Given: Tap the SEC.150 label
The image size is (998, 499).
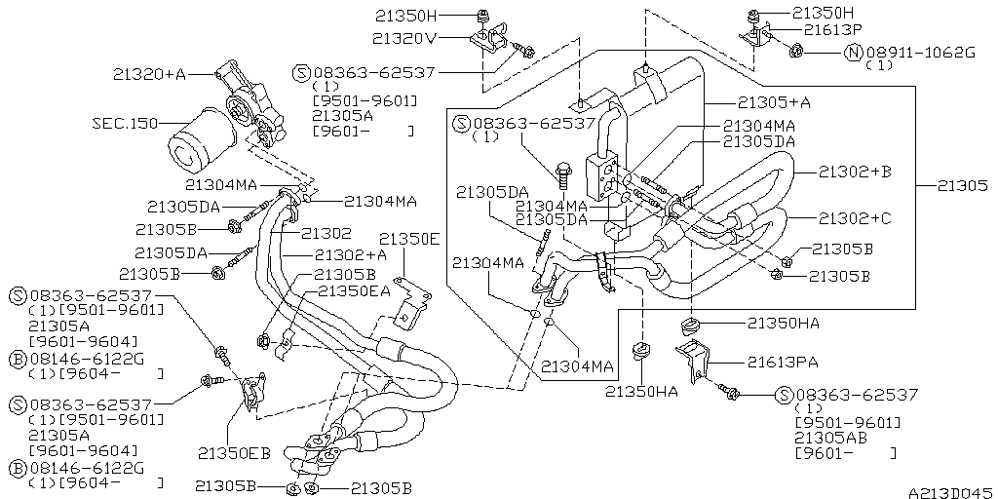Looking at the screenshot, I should tap(125, 123).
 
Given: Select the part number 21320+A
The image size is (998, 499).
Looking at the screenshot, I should tap(149, 73).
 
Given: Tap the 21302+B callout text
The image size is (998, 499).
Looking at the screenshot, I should tap(853, 171).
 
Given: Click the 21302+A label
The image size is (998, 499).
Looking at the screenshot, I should tap(350, 253).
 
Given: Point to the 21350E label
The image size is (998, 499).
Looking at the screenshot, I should tap(409, 239).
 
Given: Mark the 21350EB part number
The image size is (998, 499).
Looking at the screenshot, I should tap(235, 453).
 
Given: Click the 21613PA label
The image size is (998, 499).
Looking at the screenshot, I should tap(783, 363).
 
